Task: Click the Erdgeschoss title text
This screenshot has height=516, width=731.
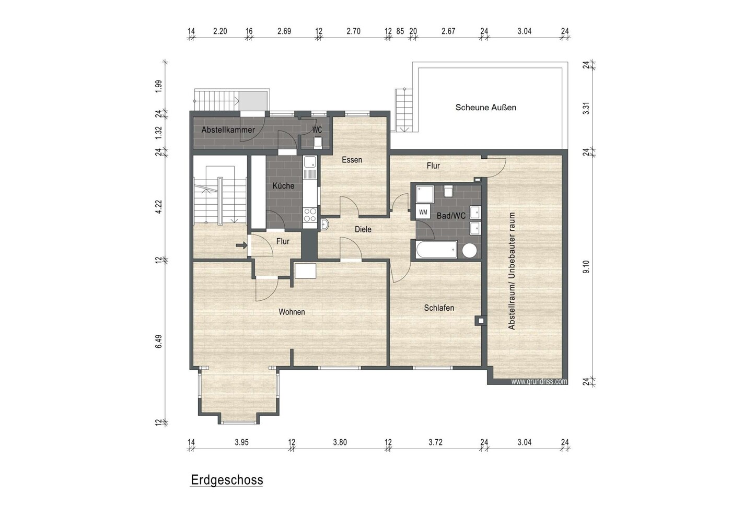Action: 227,480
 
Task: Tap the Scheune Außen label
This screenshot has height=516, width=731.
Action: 485,107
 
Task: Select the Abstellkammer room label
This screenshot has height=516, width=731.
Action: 228,130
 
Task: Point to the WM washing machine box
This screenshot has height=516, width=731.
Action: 423,213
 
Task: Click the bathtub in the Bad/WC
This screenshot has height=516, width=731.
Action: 436,250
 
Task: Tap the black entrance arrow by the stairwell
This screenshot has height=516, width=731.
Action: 242,245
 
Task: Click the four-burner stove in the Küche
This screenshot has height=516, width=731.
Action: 310,215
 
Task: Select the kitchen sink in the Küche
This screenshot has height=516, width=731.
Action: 310,167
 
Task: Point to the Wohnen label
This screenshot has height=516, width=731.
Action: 292,312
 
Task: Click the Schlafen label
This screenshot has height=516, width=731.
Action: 439,308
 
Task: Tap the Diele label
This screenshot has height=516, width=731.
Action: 363,229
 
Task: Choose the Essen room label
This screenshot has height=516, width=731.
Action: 352,160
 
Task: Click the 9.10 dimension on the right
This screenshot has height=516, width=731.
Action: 586,266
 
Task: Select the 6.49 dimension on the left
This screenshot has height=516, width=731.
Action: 158,342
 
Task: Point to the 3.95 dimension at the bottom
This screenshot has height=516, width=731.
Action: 241,442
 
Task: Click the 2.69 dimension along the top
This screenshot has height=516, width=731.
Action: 284,31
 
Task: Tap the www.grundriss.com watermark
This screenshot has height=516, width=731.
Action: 539,381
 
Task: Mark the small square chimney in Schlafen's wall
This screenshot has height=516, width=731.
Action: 480,321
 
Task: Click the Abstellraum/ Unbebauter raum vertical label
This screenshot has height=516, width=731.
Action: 512,271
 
